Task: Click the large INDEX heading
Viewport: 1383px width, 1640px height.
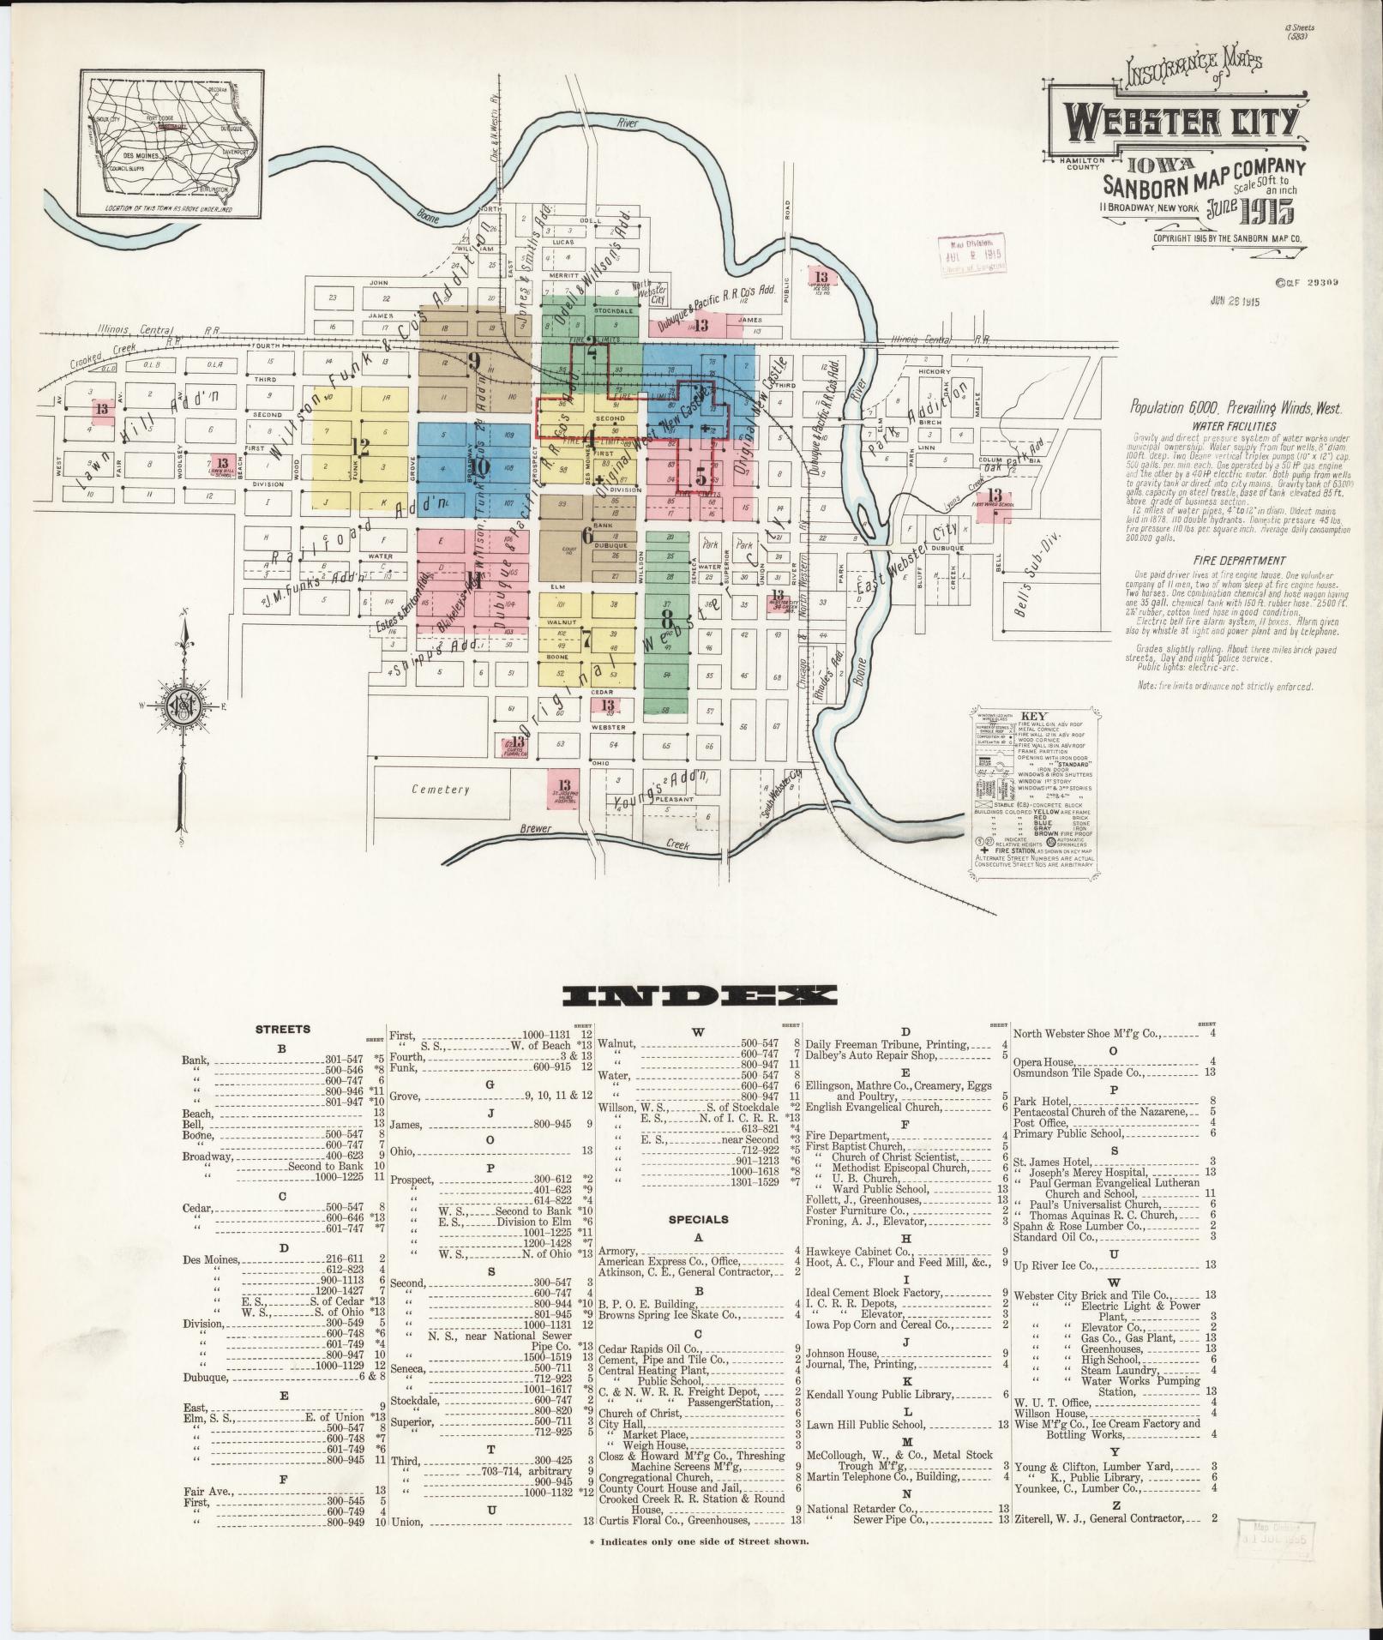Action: point(698,995)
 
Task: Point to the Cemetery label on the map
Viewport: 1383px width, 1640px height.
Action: point(441,789)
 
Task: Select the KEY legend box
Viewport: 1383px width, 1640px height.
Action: point(1035,788)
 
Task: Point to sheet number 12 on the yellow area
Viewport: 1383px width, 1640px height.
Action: point(359,445)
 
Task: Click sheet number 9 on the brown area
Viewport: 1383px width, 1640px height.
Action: point(473,361)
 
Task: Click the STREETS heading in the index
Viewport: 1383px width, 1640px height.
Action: point(282,1029)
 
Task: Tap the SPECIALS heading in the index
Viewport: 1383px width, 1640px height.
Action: point(698,1218)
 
